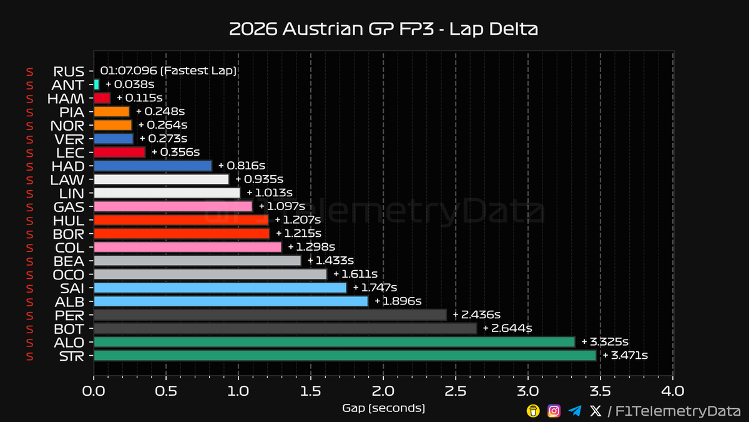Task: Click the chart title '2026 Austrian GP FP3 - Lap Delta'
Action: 383,29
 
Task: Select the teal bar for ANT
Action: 96,84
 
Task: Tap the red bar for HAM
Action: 102,98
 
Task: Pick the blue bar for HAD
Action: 153,166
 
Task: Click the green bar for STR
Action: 345,356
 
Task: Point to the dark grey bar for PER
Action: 270,315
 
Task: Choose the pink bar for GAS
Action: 173,207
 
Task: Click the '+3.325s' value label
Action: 605,342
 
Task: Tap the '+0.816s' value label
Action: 242,166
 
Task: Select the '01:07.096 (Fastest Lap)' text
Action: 168,71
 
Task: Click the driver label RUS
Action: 69,72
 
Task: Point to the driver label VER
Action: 69,139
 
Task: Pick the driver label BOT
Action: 69,329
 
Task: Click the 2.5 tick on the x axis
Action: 456,391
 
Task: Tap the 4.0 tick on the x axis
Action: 673,391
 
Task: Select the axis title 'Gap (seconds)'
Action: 383,408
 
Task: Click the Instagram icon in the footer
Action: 554,411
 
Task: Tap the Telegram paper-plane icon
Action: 575,411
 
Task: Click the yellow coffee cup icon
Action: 533,411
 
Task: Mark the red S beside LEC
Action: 30,153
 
